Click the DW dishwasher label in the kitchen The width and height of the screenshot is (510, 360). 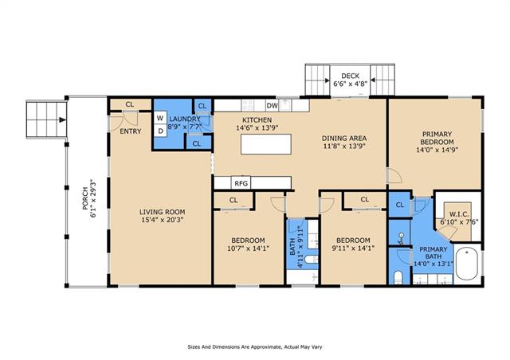pos(273,106)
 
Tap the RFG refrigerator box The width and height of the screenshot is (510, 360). pos(241,183)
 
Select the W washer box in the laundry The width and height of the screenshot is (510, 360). pos(160,118)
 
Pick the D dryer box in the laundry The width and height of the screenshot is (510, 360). pos(160,131)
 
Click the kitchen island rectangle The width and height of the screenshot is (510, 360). pos(265,144)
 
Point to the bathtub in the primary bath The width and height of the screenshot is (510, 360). pos(467,264)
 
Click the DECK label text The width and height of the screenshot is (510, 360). pos(351,76)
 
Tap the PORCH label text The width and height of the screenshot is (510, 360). pos(85,198)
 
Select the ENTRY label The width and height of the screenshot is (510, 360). pos(131,131)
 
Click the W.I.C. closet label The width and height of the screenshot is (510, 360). pos(459,214)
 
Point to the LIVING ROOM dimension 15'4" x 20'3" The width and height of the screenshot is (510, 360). pos(163,220)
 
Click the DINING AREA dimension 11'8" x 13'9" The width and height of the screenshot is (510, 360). pos(344,146)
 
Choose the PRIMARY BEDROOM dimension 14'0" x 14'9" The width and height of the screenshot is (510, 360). pos(437,150)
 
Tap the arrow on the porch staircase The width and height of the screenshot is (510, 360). pos(62,119)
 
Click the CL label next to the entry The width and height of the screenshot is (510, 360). pos(130,104)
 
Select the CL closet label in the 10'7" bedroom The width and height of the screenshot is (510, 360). pos(233,200)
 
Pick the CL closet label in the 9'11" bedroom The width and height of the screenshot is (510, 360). pos(365,199)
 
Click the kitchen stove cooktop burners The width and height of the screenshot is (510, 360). pos(248,105)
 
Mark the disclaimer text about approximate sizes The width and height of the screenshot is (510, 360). pos(255,347)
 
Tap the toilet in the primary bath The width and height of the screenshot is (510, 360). pos(398,277)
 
